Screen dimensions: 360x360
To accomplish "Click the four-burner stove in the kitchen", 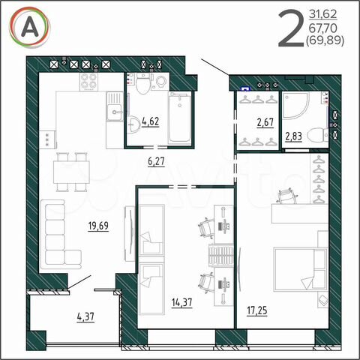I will click(90, 82).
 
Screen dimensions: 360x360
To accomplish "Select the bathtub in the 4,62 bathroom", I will click(181, 118).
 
